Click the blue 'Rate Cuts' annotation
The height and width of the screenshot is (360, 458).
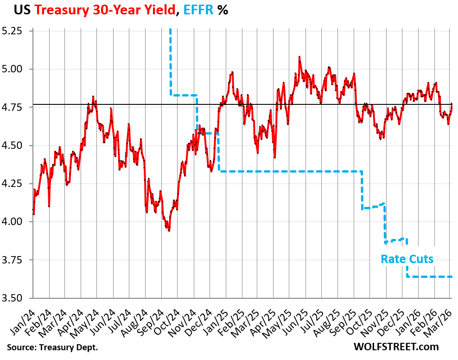pos(407,259)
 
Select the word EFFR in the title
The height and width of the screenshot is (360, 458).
pos(197,10)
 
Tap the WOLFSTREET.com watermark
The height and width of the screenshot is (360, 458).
pos(395,347)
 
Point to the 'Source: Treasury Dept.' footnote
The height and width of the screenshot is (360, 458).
pos(52,347)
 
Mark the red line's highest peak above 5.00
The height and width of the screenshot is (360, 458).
pos(299,57)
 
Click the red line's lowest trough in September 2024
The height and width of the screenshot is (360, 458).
pos(169,231)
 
